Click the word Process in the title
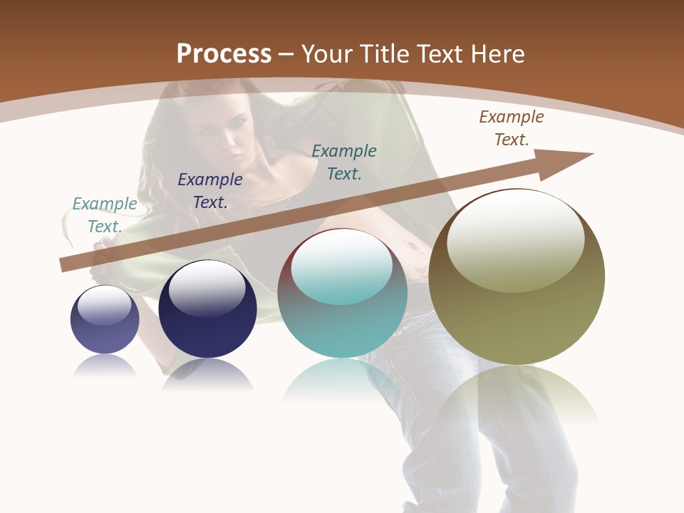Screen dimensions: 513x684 coord(224,53)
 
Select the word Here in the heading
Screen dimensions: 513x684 coord(497,53)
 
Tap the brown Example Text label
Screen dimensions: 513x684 coord(512,128)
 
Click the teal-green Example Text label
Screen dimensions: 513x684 coord(344,162)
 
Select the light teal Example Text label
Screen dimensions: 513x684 coord(105,215)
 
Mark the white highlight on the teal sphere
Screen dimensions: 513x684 coord(342,265)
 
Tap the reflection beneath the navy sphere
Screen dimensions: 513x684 coord(207,375)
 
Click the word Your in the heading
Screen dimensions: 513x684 coord(330,53)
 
